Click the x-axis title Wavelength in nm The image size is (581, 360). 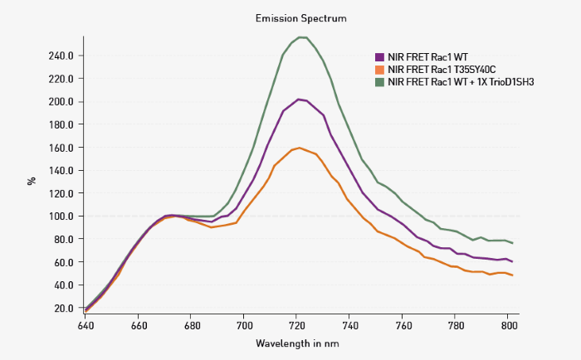click(x=297, y=343)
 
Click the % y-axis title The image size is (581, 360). click(x=32, y=179)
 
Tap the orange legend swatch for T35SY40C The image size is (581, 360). click(x=380, y=70)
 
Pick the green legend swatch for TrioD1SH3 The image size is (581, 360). click(x=380, y=82)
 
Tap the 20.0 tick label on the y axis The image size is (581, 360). click(x=66, y=308)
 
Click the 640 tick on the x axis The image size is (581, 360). click(x=85, y=326)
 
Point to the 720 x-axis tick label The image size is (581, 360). click(x=297, y=326)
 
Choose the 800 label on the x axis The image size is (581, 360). click(x=508, y=326)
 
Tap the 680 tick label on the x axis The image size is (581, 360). click(x=192, y=326)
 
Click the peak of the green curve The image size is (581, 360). click(x=302, y=37)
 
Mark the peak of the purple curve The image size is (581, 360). click(x=300, y=99)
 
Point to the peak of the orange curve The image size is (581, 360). click(x=300, y=148)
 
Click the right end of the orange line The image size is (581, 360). click(x=512, y=275)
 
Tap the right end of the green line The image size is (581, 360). click(x=512, y=243)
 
